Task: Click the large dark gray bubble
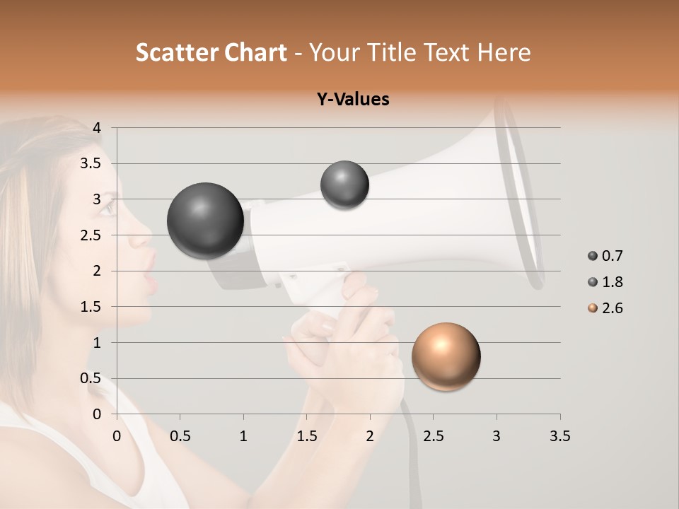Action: tap(205, 221)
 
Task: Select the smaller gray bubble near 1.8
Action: tap(344, 185)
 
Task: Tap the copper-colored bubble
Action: tap(446, 356)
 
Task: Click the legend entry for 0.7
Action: tap(606, 256)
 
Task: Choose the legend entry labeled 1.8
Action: tap(606, 282)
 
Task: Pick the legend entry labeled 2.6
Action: tap(606, 308)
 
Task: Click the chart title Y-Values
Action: tap(353, 100)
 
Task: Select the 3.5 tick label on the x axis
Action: tap(559, 436)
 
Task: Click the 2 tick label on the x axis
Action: tap(370, 436)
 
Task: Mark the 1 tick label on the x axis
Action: tap(243, 436)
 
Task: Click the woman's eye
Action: tap(107, 208)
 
